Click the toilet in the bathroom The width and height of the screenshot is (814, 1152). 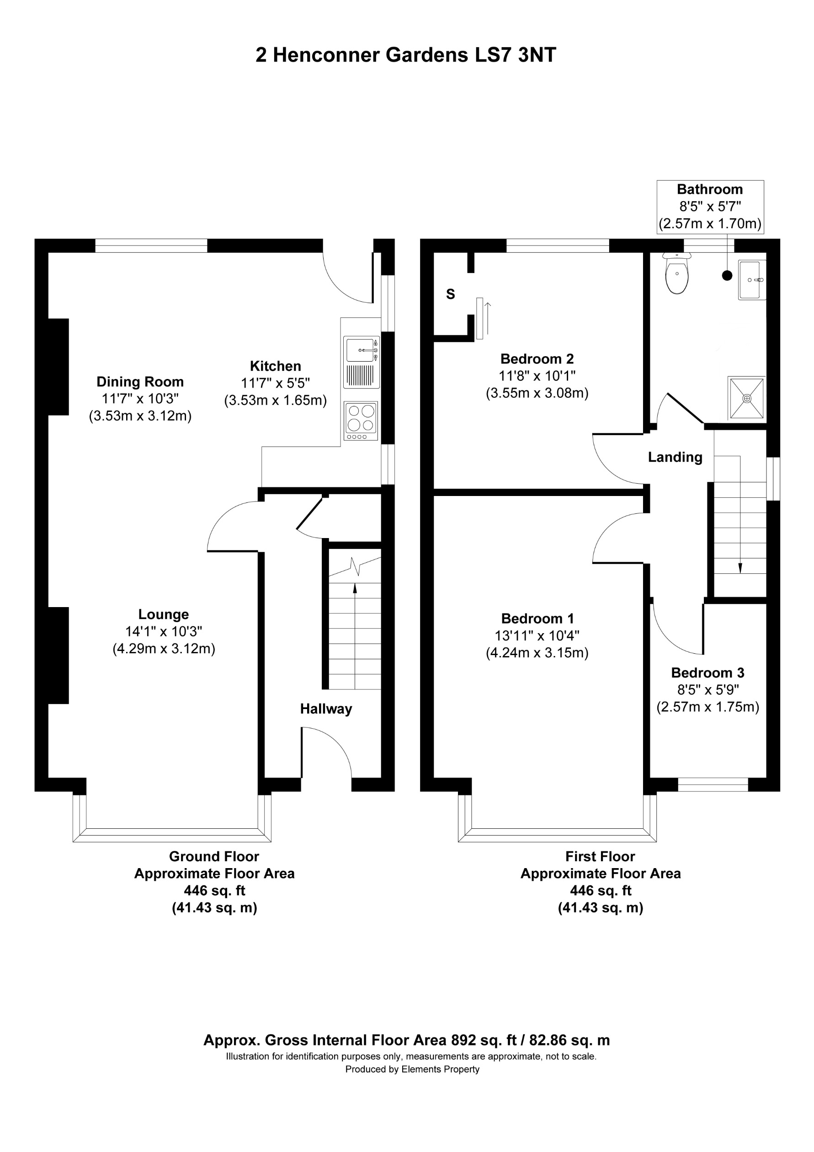coord(676,274)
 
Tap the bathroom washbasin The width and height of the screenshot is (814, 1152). coord(751,280)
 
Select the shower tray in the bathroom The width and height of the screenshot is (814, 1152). coord(746,398)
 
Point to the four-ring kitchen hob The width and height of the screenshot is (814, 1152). coord(361,418)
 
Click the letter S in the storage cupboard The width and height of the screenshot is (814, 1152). coord(450,294)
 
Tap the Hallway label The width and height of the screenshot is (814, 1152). coord(326,709)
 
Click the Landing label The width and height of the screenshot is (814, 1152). coord(675,457)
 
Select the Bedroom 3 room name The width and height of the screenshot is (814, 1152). coord(707,673)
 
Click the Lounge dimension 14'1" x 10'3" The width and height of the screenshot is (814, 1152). coord(164,632)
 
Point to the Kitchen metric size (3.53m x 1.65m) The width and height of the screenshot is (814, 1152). coord(275,400)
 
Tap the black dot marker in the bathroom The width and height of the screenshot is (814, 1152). coord(727,275)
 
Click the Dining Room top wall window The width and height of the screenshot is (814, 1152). coord(151,246)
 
